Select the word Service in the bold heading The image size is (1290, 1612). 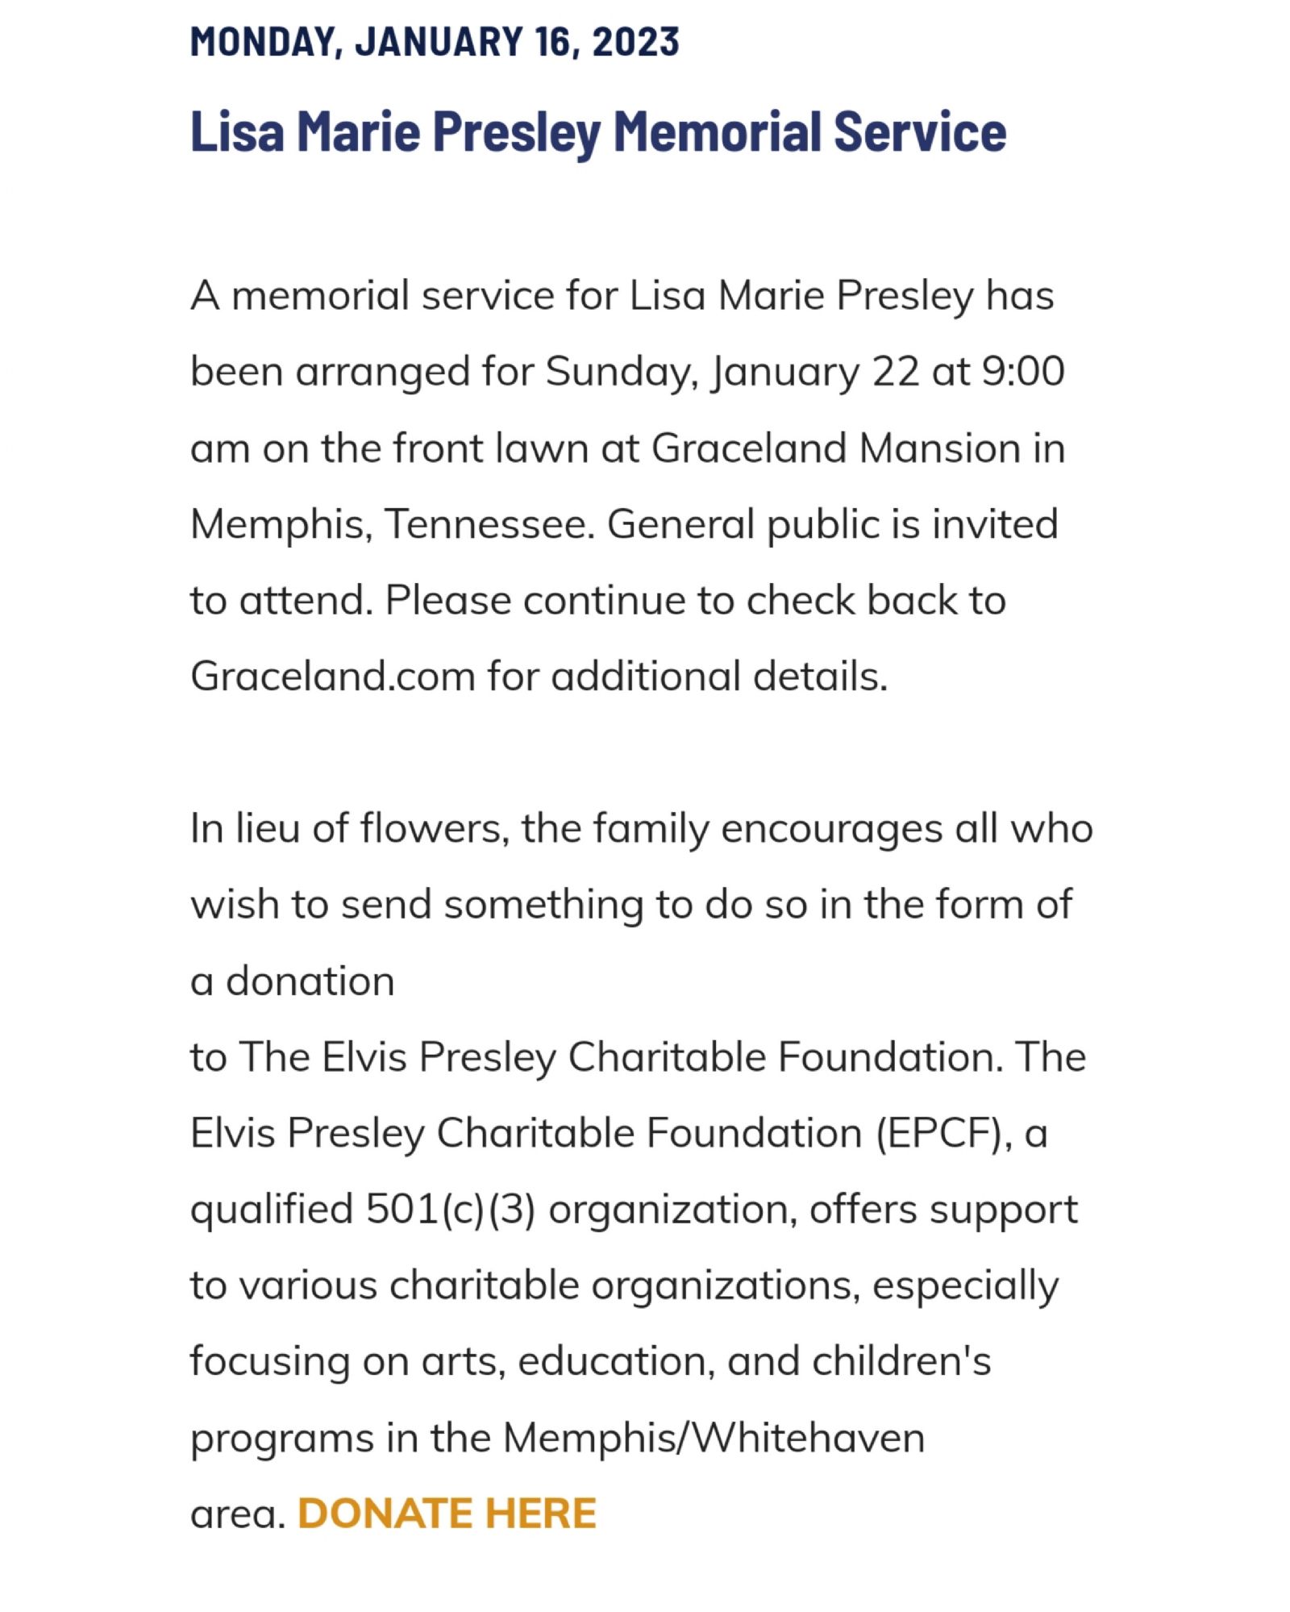pyautogui.click(x=920, y=131)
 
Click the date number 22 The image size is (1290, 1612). pyautogui.click(x=895, y=372)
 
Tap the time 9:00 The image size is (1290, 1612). pyautogui.click(x=1023, y=372)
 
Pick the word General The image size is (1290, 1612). pyautogui.click(x=680, y=524)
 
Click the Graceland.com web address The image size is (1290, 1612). pyautogui.click(x=332, y=676)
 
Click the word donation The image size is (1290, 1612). pyautogui.click(x=310, y=981)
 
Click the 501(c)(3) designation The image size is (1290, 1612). pyautogui.click(x=450, y=1210)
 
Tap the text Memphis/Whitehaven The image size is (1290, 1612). pyautogui.click(x=714, y=1438)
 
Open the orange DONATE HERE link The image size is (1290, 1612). pyautogui.click(x=447, y=1514)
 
